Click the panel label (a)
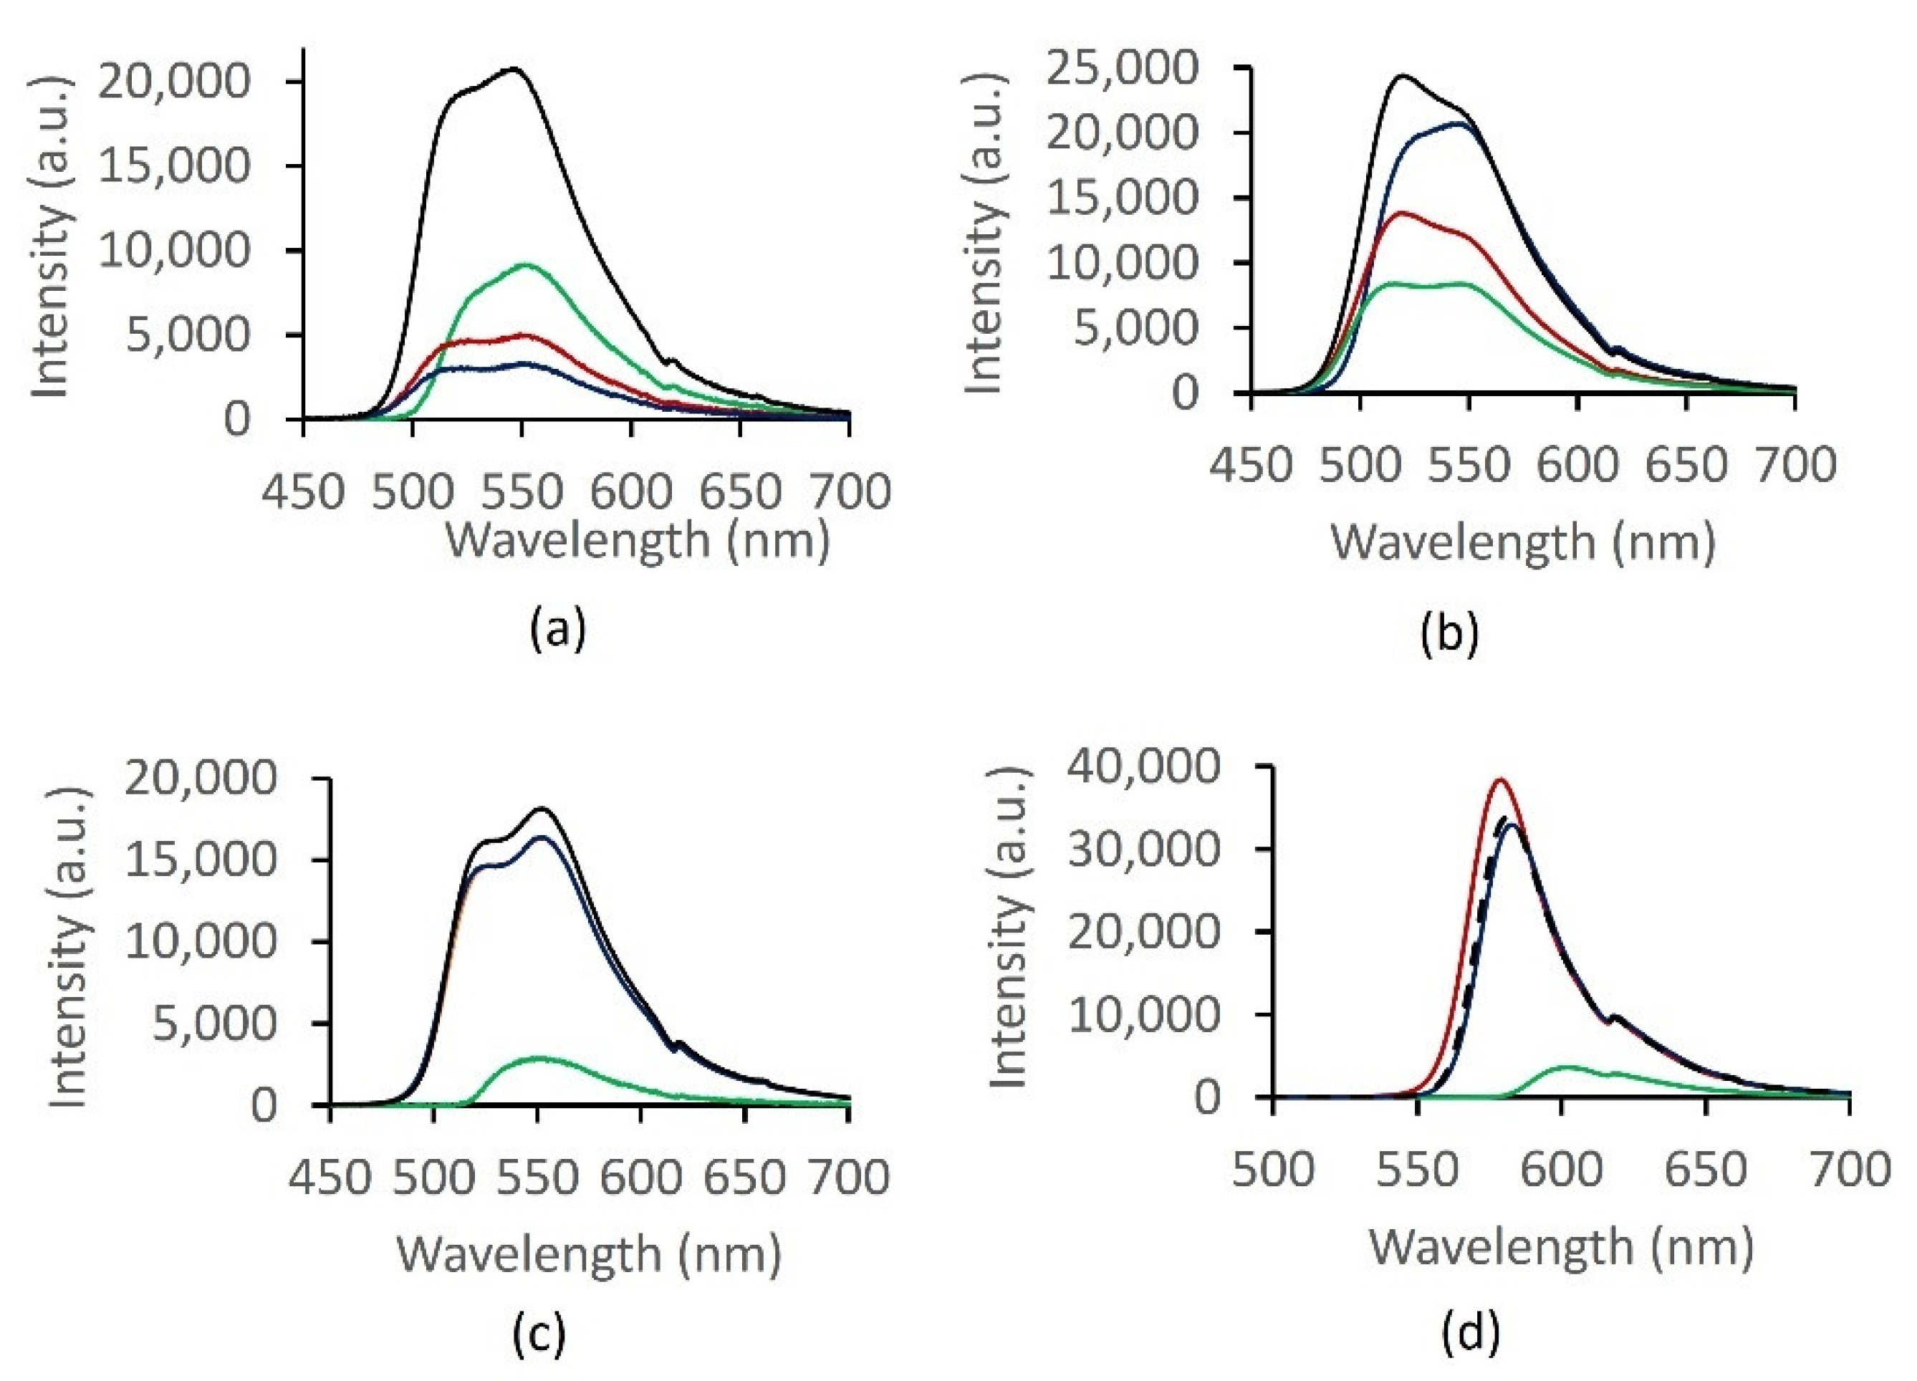tap(558, 630)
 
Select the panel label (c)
tap(539, 1333)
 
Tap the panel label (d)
tap(1471, 1331)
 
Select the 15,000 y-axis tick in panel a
tap(174, 165)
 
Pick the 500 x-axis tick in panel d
tap(1273, 1170)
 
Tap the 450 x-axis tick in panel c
tap(330, 1178)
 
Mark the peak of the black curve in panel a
tap(513, 69)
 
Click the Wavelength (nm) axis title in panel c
tap(589, 1254)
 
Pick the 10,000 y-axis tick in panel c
tap(201, 940)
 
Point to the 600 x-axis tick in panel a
tap(630, 492)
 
